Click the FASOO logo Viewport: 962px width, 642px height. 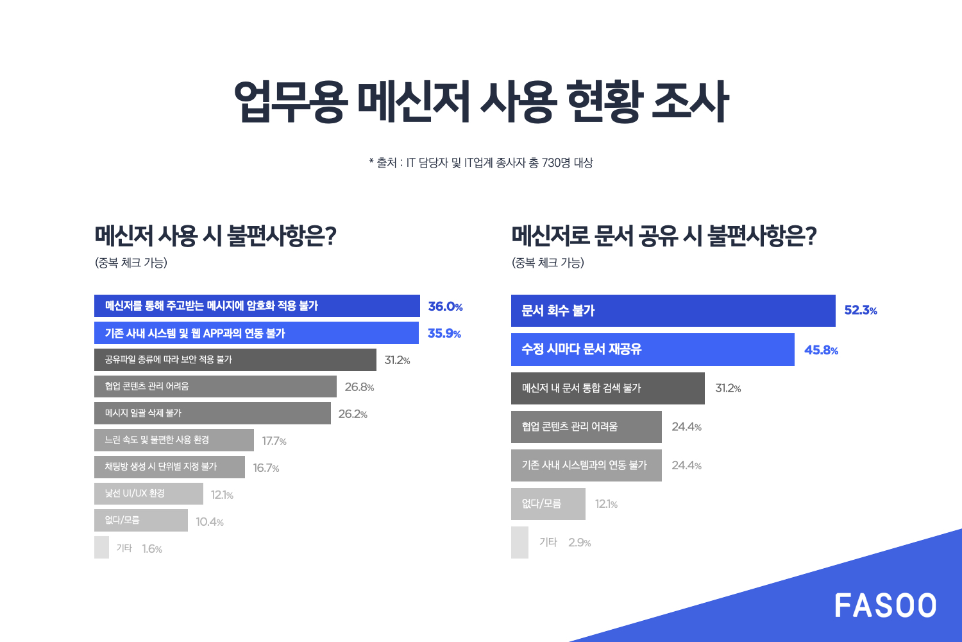point(885,606)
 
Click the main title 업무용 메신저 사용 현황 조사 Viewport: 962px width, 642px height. point(481,101)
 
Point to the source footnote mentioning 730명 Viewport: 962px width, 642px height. point(481,163)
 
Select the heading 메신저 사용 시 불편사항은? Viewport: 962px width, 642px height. point(215,236)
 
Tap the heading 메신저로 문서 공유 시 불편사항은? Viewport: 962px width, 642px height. point(664,236)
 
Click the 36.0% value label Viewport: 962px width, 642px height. point(445,307)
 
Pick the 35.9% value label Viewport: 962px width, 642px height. point(444,334)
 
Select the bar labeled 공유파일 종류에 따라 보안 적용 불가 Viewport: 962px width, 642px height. point(235,360)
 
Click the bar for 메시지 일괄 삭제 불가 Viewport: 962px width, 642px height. point(212,413)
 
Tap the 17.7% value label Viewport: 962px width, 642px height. point(274,441)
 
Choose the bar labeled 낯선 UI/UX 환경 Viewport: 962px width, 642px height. point(148,494)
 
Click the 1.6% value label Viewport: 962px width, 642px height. point(152,549)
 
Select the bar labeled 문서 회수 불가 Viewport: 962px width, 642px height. point(673,311)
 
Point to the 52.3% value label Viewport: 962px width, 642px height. point(861,311)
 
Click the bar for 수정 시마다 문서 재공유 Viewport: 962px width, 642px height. point(652,349)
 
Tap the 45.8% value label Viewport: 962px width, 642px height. point(821,350)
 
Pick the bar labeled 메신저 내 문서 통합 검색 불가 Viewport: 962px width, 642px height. point(607,388)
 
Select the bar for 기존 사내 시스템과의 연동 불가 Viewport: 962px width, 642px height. point(586,465)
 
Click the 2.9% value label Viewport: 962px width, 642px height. point(579,542)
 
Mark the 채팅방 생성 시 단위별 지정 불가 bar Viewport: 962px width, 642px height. point(169,467)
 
